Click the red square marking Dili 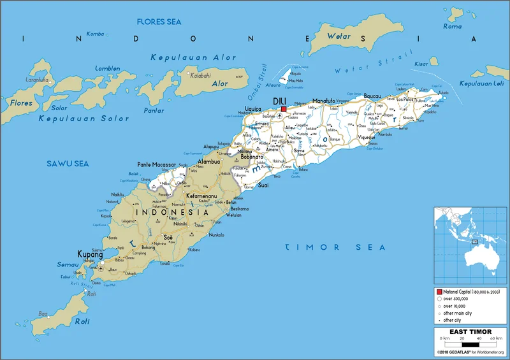[283, 109]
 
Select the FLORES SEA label [159, 22]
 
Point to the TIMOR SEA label [335, 247]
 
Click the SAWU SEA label [66, 164]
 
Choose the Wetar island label [339, 36]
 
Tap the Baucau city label [372, 96]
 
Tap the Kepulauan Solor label [84, 119]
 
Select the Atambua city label [209, 161]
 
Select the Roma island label [452, 27]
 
